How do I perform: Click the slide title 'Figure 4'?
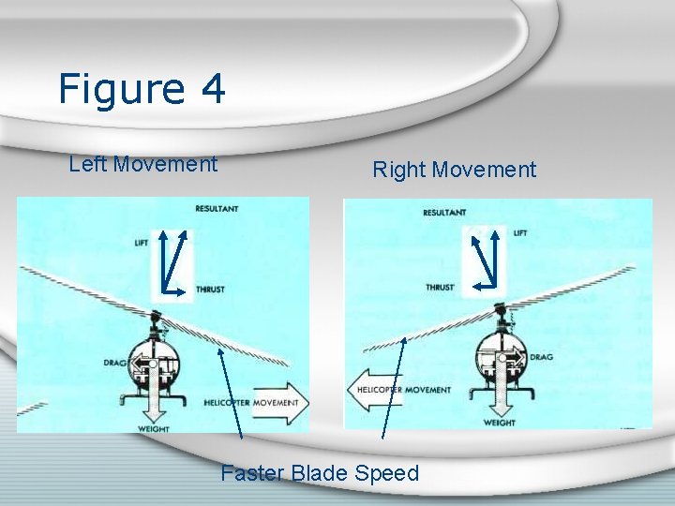coord(142,90)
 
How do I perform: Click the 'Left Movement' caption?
coord(143,164)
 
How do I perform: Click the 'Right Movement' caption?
coord(454,170)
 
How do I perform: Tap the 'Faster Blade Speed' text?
coord(320,473)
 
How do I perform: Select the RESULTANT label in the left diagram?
coord(217,208)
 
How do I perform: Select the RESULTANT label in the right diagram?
coord(444,213)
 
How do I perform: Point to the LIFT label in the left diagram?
coord(142,243)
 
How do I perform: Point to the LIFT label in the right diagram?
coord(520,231)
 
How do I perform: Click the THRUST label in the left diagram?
coord(210,290)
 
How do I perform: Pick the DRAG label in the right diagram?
coord(541,357)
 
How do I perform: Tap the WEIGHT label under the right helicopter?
coord(500,423)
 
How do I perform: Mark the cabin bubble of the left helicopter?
coord(155,356)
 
